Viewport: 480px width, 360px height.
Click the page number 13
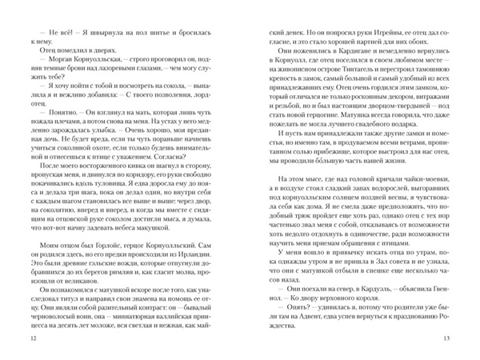point(446,339)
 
